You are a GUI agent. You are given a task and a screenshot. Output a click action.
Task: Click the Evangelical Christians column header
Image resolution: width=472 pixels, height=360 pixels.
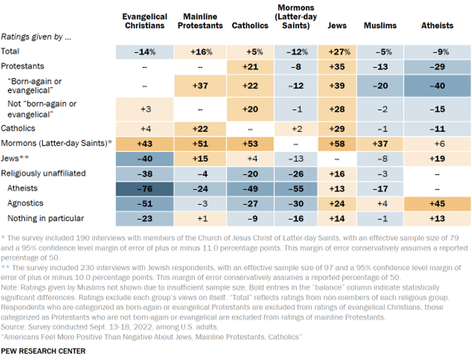[x=144, y=21]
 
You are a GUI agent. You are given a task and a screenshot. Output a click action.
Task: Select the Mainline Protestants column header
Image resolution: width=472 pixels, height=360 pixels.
[x=200, y=21]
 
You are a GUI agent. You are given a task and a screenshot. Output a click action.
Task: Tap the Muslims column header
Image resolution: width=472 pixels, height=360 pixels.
[x=380, y=25]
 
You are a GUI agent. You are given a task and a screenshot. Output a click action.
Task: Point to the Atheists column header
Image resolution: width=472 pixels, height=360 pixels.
[x=437, y=25]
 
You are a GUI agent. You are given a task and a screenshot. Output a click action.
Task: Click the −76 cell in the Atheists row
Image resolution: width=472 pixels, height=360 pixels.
[x=144, y=189]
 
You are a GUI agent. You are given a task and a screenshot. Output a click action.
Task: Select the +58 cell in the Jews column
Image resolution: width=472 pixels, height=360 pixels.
[x=337, y=143]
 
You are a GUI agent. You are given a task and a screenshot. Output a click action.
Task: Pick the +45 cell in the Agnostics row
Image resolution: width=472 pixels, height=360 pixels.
[x=437, y=204]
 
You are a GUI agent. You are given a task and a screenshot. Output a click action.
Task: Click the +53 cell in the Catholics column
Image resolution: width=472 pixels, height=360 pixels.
[x=250, y=143]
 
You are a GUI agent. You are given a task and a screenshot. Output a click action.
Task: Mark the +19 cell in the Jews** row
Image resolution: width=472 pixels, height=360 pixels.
[x=437, y=158]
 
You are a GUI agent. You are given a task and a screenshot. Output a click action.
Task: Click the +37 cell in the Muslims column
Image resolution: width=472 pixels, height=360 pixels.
[x=380, y=143]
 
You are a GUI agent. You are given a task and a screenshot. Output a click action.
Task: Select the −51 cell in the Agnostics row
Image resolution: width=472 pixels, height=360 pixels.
[x=144, y=204]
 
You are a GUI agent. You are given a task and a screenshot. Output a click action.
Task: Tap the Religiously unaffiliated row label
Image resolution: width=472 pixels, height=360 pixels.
[x=43, y=173]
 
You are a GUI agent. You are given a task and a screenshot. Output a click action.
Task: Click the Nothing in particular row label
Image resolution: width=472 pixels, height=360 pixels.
[x=45, y=218]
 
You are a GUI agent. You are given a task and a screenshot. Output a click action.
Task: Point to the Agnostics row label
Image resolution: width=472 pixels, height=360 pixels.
[x=25, y=203]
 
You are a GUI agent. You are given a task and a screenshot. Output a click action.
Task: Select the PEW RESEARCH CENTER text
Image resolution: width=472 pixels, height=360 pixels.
[x=43, y=351]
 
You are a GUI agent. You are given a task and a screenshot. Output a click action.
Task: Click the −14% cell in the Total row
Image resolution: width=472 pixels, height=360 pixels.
[x=144, y=51]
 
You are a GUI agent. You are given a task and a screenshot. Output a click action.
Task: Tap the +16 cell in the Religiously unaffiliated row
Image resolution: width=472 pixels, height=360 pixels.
[x=337, y=173]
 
